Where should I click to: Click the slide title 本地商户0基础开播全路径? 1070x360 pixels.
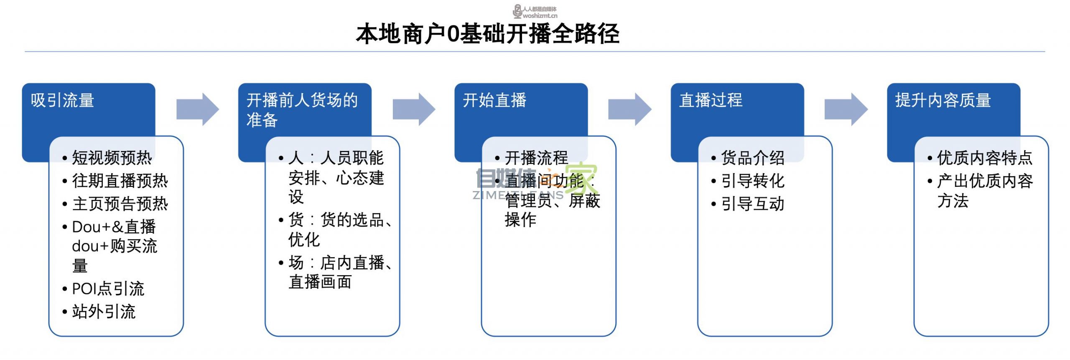(x=487, y=34)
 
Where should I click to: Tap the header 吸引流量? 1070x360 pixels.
(x=62, y=101)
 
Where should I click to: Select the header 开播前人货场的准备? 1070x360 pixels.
(x=302, y=110)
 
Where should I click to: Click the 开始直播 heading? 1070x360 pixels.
(x=494, y=101)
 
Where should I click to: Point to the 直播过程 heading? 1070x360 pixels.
(x=710, y=101)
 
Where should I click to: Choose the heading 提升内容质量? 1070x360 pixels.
(x=943, y=101)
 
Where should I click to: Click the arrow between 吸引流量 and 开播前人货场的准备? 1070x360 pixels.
(x=197, y=110)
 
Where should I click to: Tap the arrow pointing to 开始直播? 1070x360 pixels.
(x=413, y=110)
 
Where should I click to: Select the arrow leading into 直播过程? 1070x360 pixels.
(x=629, y=110)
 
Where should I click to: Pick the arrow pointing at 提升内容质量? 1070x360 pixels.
(x=846, y=110)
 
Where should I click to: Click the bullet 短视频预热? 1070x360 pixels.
(x=112, y=158)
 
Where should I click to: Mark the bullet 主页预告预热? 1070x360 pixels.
(x=120, y=204)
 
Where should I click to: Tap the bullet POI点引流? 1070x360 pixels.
(x=108, y=289)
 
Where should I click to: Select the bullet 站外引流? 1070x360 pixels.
(x=104, y=312)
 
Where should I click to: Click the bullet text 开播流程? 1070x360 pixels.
(x=536, y=158)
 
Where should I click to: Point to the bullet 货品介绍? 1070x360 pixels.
(x=752, y=158)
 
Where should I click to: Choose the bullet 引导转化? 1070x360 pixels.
(x=752, y=181)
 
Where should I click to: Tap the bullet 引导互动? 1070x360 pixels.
(x=752, y=204)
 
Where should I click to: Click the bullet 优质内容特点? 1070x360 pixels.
(x=984, y=158)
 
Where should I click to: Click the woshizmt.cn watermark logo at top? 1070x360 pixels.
(x=535, y=12)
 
